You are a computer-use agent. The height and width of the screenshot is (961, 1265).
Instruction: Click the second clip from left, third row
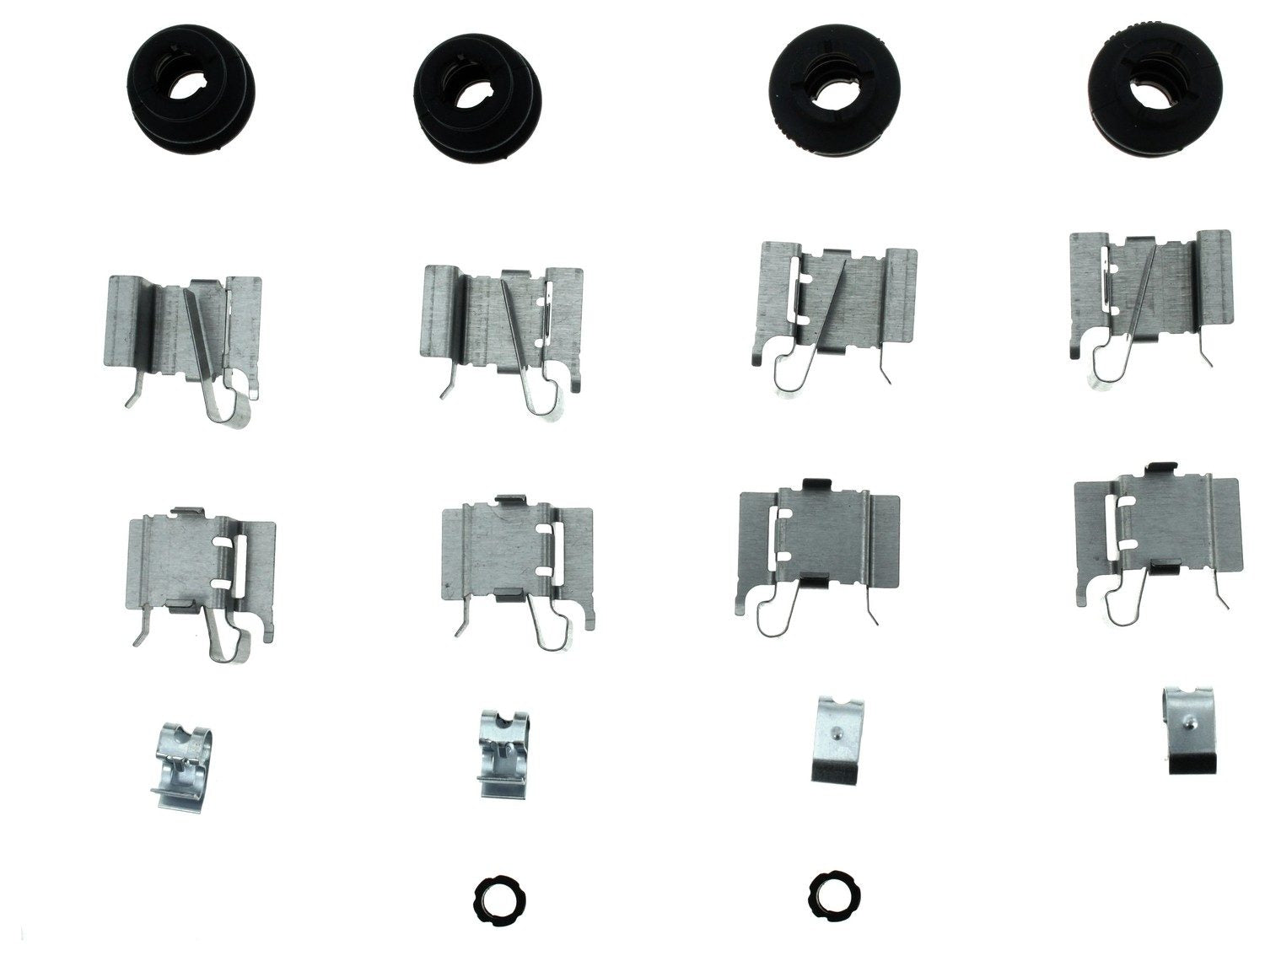pyautogui.click(x=519, y=552)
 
